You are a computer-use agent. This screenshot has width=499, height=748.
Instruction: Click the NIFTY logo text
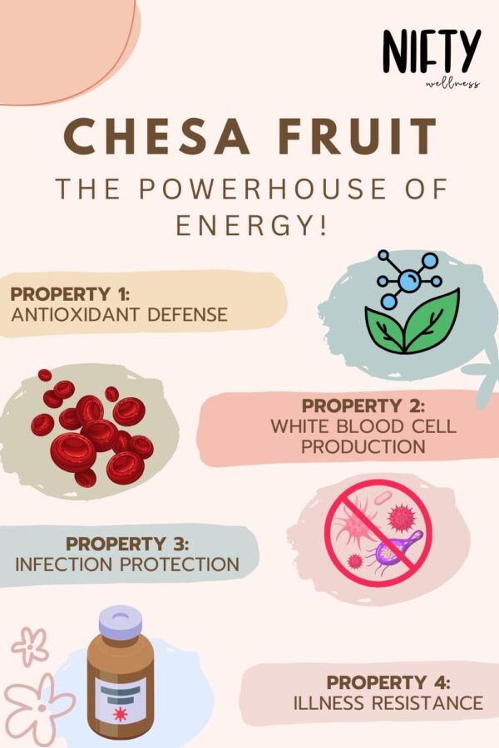tap(432, 52)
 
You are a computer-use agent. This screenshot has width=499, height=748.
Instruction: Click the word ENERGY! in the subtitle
tap(249, 226)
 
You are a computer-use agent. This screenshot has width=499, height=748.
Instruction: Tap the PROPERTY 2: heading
tap(363, 406)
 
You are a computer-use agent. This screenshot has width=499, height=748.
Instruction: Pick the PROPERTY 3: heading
tap(127, 544)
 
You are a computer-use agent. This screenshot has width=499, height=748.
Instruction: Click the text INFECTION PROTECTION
tap(127, 563)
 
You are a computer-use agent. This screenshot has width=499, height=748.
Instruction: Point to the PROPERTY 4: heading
tap(388, 682)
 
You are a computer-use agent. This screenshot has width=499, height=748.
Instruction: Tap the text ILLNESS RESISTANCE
tap(388, 703)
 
